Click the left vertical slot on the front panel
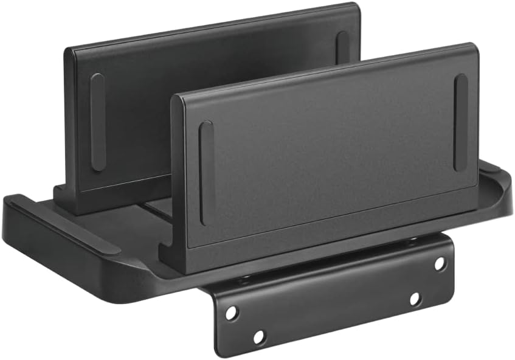tap(206, 173)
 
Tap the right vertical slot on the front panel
tap(461, 122)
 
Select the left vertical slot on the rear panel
tap(97, 122)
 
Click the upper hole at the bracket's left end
tap(232, 313)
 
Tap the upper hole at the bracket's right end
tap(440, 263)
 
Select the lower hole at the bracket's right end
tap(415, 299)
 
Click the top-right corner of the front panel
tap(474, 47)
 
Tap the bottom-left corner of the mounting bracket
tap(218, 350)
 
